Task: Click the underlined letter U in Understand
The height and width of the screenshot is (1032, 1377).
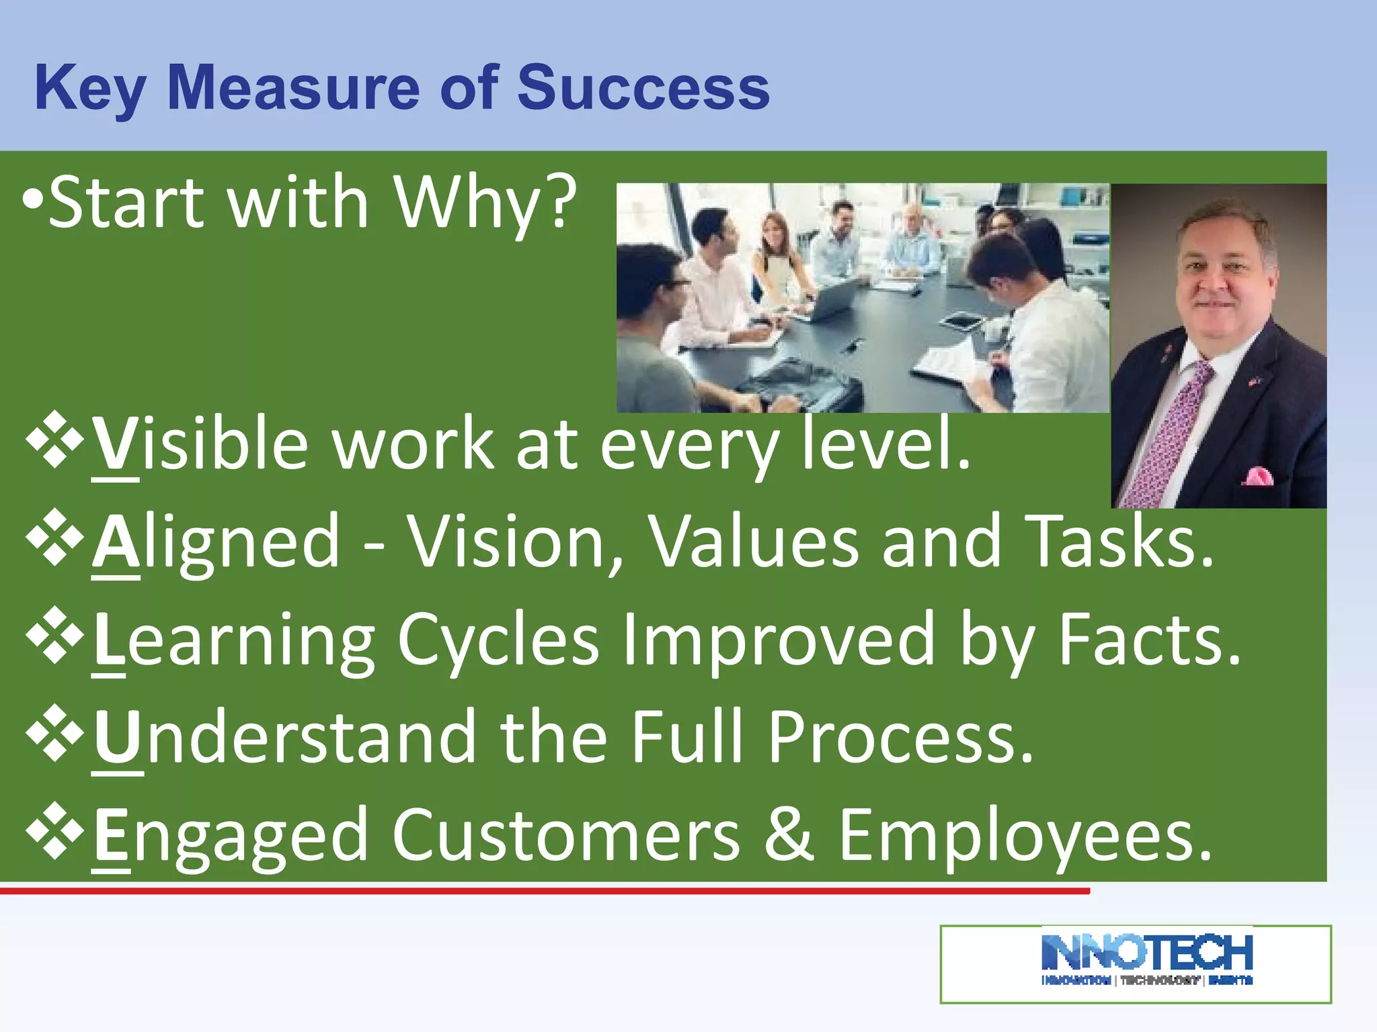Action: [118, 737]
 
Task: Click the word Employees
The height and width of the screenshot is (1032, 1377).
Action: [1025, 836]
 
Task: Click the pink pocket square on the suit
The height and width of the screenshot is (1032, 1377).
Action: [1256, 477]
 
